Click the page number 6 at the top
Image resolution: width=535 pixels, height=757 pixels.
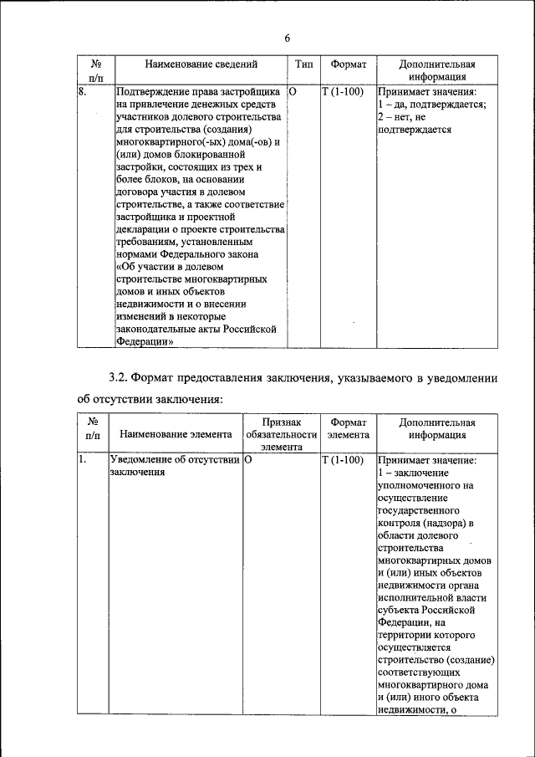[287, 38]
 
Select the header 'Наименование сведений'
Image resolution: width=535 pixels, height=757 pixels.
[201, 64]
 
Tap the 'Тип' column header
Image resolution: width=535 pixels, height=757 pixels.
[303, 64]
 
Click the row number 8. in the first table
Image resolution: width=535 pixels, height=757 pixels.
[83, 91]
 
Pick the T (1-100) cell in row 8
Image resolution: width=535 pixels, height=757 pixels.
[342, 91]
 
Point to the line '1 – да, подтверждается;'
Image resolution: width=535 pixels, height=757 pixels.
[431, 105]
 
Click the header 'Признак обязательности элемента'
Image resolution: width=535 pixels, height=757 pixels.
[281, 435]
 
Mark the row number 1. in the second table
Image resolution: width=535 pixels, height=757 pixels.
[83, 460]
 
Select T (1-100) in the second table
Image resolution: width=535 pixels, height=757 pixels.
[342, 460]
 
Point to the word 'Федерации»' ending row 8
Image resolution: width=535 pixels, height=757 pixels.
[145, 342]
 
